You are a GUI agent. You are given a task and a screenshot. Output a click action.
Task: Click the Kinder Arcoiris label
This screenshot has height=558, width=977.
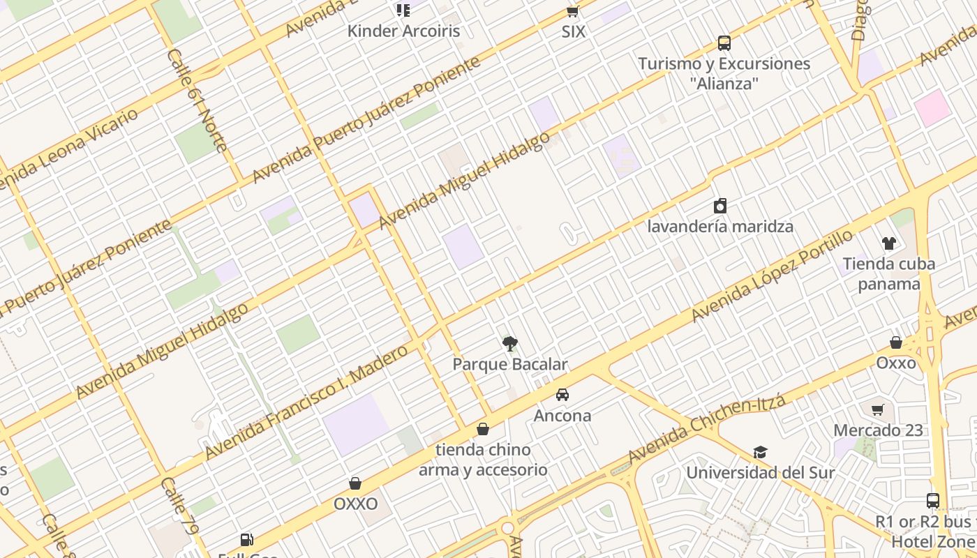pyautogui.click(x=403, y=31)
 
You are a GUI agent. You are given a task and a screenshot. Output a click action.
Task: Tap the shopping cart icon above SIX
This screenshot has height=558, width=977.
pyautogui.click(x=573, y=11)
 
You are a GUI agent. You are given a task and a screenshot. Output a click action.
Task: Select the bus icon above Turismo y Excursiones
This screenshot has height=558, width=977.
pyautogui.click(x=724, y=43)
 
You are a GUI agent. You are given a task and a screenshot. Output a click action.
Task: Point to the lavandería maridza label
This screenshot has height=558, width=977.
pyautogui.click(x=720, y=227)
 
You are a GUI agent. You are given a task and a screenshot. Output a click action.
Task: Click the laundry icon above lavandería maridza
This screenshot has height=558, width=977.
pyautogui.click(x=720, y=206)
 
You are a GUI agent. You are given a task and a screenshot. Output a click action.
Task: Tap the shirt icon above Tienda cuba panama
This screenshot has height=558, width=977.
pyautogui.click(x=888, y=243)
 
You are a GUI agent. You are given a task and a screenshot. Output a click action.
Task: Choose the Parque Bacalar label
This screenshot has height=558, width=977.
pyautogui.click(x=510, y=364)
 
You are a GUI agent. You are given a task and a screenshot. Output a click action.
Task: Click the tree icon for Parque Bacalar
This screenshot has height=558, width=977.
pyautogui.click(x=510, y=343)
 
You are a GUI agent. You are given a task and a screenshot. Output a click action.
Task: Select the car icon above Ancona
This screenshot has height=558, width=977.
pyautogui.click(x=562, y=395)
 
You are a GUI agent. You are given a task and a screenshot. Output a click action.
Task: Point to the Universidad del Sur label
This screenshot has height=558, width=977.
pyautogui.click(x=760, y=472)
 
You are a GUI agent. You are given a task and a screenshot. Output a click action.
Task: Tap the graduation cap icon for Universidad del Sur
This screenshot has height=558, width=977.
pyautogui.click(x=760, y=453)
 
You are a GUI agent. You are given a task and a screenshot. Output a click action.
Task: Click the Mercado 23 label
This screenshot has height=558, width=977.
pyautogui.click(x=878, y=430)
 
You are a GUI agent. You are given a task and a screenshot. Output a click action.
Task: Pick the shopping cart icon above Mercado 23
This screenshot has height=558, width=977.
pyautogui.click(x=878, y=409)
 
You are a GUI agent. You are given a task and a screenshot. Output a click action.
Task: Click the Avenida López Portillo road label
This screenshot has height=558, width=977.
pyautogui.click(x=772, y=276)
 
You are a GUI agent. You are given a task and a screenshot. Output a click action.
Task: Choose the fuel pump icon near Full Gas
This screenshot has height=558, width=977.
pyautogui.click(x=246, y=539)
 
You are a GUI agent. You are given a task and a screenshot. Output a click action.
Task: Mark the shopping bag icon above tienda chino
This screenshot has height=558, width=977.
pyautogui.click(x=482, y=429)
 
